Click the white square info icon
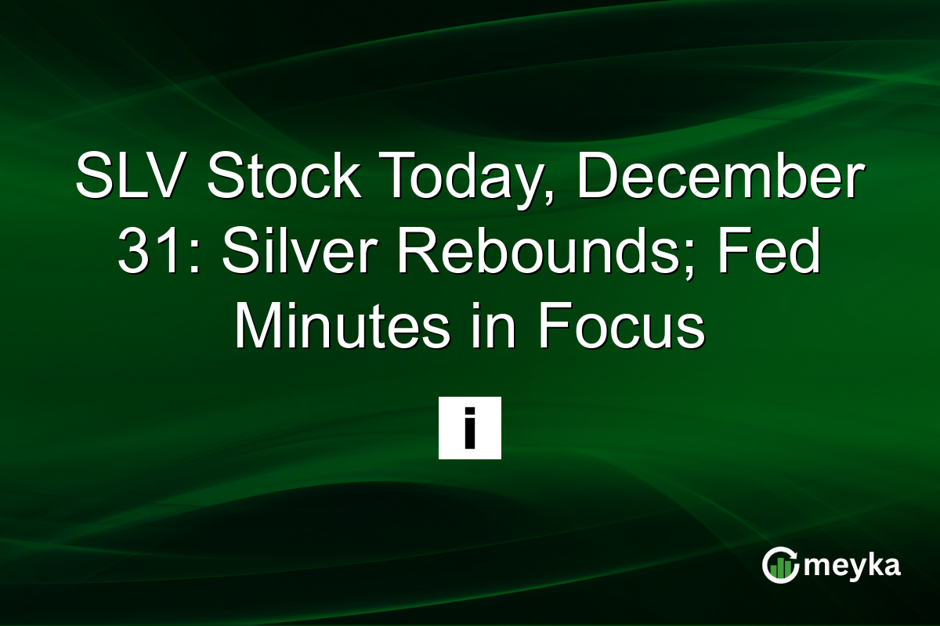point(469,427)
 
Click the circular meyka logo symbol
point(781,565)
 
